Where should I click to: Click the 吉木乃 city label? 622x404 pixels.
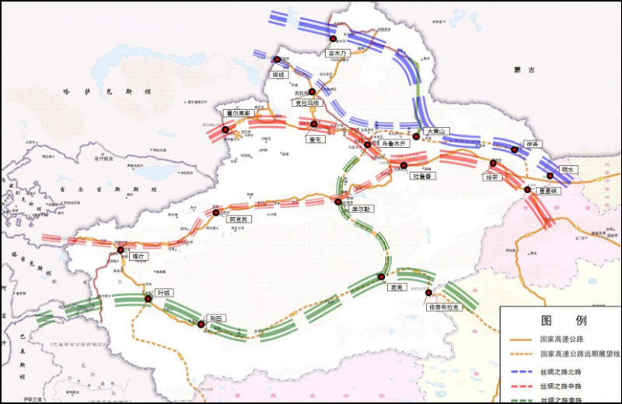(336, 53)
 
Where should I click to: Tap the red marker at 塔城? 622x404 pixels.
(276, 59)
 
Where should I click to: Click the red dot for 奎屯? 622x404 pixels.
(313, 124)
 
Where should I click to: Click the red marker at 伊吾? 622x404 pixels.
(515, 149)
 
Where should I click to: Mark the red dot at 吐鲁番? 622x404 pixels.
(404, 165)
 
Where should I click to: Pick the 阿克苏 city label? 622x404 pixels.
(239, 220)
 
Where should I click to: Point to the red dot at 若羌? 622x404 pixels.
(381, 276)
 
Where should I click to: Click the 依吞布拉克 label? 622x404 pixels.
(444, 307)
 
